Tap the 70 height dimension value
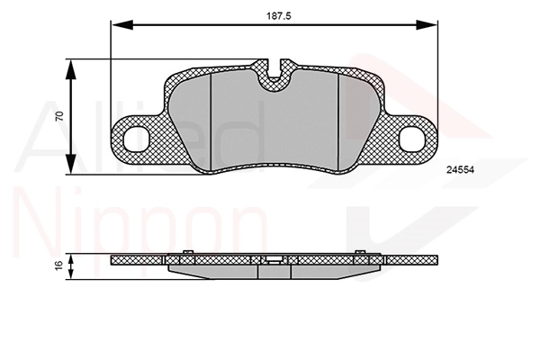click(x=59, y=117)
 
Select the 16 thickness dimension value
click(x=59, y=265)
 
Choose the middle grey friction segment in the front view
click(x=274, y=126)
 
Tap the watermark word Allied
click(x=135, y=135)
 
